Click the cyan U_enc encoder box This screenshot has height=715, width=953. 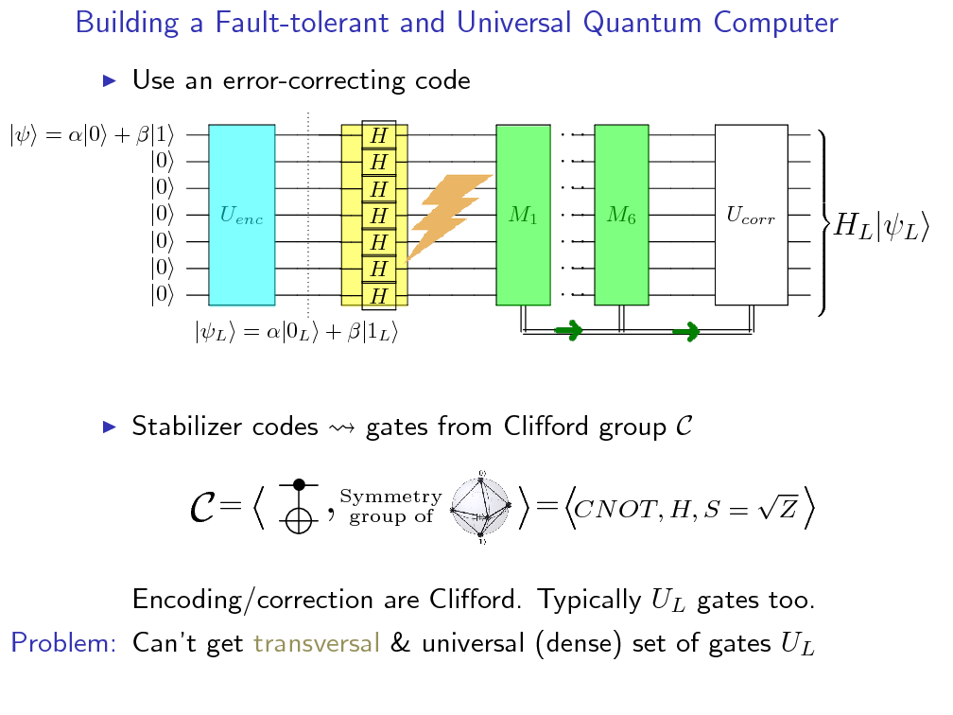(241, 216)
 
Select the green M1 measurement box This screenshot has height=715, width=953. (523, 216)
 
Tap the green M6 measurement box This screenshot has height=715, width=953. (621, 216)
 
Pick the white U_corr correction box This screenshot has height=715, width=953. (751, 216)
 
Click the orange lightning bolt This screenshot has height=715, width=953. (448, 216)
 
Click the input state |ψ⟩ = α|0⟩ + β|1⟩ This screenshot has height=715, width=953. (92, 135)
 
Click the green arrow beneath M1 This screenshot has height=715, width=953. (567, 331)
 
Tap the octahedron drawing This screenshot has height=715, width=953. (482, 507)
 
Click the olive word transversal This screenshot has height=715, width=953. (316, 644)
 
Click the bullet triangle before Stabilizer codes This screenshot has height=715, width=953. (109, 427)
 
